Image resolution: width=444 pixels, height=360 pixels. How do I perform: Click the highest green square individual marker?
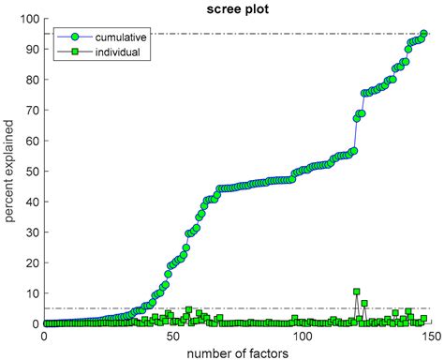356,292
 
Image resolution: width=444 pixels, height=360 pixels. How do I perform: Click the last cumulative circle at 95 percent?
424,34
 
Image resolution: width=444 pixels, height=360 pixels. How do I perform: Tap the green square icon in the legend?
67,52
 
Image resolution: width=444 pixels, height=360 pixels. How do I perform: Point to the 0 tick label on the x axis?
44,336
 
